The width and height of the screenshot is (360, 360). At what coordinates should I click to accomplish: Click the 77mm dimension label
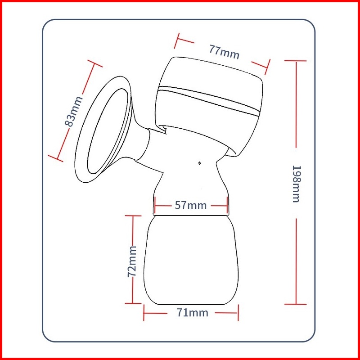pyautogui.click(x=224, y=52)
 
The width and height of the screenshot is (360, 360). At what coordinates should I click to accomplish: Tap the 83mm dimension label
pyautogui.click(x=74, y=111)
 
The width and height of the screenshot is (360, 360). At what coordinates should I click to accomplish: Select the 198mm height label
pyautogui.click(x=296, y=184)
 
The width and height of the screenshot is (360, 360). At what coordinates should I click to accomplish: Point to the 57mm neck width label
pyautogui.click(x=190, y=205)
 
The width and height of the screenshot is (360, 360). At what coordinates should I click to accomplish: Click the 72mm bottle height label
pyautogui.click(x=132, y=261)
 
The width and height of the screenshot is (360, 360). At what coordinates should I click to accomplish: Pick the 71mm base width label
pyautogui.click(x=193, y=313)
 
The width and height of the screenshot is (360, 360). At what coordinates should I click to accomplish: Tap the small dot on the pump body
pyautogui.click(x=199, y=163)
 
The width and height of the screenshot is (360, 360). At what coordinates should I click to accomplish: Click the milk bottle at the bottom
pyautogui.click(x=191, y=260)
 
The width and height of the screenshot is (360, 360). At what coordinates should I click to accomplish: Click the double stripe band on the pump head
pyautogui.click(x=208, y=100)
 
